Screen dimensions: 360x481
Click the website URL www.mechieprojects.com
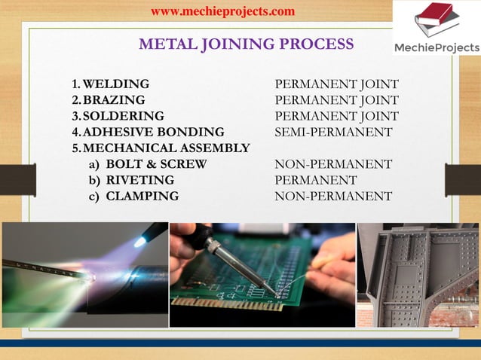pyautogui.click(x=222, y=11)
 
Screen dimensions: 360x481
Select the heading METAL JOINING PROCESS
pyautogui.click(x=246, y=44)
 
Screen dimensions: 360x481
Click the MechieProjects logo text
pyautogui.click(x=437, y=48)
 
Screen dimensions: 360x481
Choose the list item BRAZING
pyautogui.click(x=114, y=100)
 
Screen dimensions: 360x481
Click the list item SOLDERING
pyautogui.click(x=123, y=116)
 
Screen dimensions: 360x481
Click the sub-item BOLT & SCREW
pyautogui.click(x=156, y=164)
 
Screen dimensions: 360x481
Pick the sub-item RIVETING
pyautogui.click(x=140, y=180)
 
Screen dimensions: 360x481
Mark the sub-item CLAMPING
pyautogui.click(x=142, y=197)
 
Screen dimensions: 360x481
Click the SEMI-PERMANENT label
pyautogui.click(x=333, y=132)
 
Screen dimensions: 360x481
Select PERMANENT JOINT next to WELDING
pyautogui.click(x=336, y=84)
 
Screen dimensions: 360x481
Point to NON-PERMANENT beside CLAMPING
pyautogui.click(x=333, y=197)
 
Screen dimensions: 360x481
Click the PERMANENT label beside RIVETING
pyautogui.click(x=315, y=180)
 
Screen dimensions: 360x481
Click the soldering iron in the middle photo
pyautogui.click(x=226, y=256)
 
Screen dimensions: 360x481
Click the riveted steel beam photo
pyautogui.click(x=418, y=274)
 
